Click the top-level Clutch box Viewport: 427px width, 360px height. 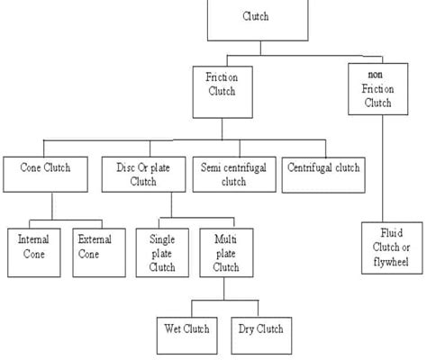[258, 20]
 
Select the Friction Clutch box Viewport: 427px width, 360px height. [223, 92]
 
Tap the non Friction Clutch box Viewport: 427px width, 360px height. [378, 89]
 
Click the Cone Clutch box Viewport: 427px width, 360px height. [46, 175]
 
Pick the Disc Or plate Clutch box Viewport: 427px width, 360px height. [144, 175]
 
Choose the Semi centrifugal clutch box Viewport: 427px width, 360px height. [234, 175]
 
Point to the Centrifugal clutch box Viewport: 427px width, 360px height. [323, 175]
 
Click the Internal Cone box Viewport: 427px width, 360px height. [34, 253]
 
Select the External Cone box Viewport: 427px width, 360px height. [99, 253]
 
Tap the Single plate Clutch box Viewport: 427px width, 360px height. [162, 253]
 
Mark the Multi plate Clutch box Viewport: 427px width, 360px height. [226, 253]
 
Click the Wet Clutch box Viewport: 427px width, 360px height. [187, 336]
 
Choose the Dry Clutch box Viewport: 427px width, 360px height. [261, 336]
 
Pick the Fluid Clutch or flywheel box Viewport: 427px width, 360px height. [392, 248]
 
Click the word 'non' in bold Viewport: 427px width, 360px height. [376, 75]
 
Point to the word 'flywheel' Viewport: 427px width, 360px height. [391, 262]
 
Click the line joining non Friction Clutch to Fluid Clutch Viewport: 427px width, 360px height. [383, 168]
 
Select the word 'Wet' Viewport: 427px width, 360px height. [172, 328]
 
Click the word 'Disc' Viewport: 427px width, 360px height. [125, 167]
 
